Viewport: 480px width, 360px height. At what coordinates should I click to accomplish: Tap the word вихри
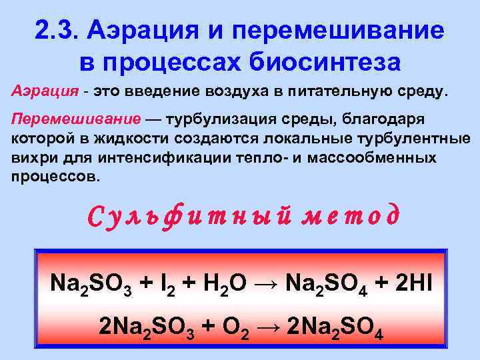pyautogui.click(x=30, y=159)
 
